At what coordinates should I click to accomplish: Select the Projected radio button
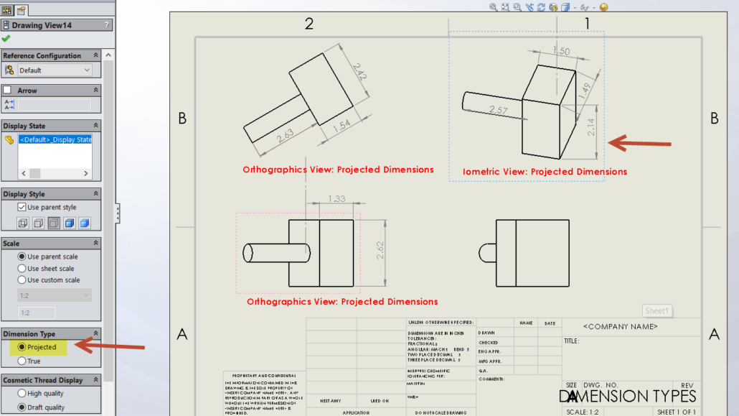[22, 347]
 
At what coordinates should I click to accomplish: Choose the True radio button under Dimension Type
[22, 361]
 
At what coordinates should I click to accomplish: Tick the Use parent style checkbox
[22, 208]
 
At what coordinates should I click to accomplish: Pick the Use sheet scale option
[22, 268]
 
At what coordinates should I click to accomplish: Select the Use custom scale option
[22, 280]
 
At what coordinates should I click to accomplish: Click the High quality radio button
[22, 393]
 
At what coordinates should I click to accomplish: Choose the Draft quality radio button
[22, 407]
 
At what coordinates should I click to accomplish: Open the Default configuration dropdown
[55, 70]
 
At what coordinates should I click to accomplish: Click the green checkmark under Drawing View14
[6, 39]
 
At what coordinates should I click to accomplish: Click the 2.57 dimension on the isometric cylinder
[498, 110]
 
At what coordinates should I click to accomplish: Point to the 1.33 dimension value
[336, 199]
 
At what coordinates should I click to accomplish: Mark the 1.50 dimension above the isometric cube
[561, 52]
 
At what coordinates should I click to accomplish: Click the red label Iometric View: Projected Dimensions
[545, 172]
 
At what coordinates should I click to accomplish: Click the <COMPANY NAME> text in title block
[620, 326]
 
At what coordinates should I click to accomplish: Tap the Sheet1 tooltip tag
[656, 311]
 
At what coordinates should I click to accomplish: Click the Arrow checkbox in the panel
[8, 91]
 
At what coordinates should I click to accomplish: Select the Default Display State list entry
[55, 139]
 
